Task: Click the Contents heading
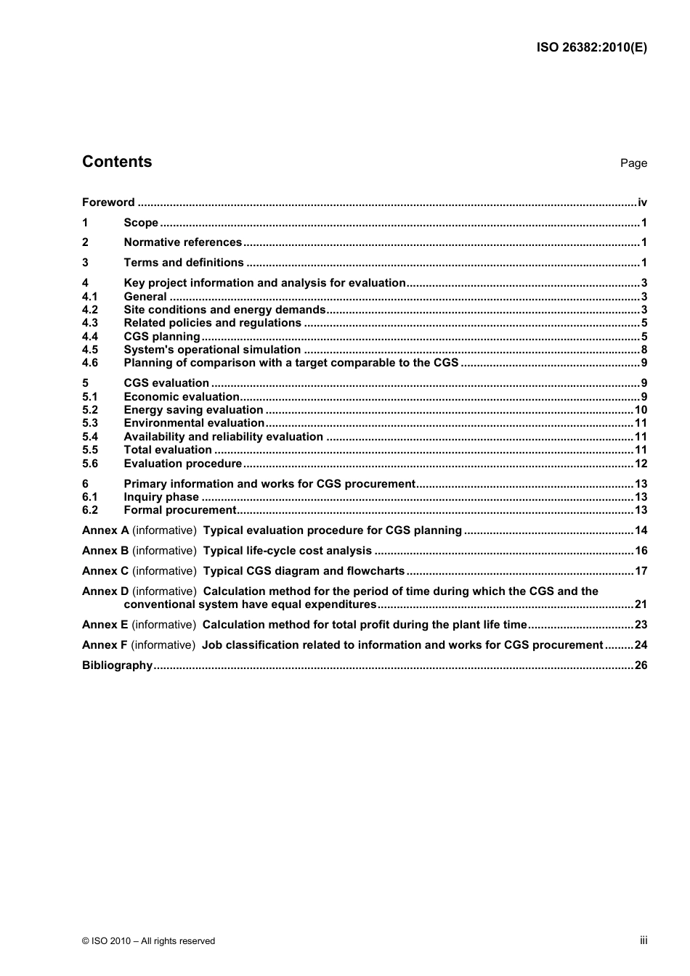click(x=117, y=162)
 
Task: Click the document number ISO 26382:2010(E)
click(x=591, y=48)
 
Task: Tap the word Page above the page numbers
click(x=633, y=163)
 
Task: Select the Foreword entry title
click(x=108, y=202)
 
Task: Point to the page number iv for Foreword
click(x=642, y=202)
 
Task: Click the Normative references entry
click(x=182, y=242)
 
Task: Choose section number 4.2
click(x=90, y=310)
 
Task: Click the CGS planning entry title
click(x=161, y=337)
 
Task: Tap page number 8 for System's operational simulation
click(x=644, y=350)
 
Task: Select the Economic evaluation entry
click(x=182, y=397)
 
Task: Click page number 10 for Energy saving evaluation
click(x=641, y=410)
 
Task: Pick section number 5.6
click(x=90, y=464)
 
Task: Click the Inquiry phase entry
click(x=161, y=497)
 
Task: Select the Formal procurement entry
click(x=180, y=510)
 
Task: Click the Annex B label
click(x=105, y=551)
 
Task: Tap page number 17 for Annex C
click(x=641, y=571)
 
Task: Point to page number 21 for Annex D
click(x=641, y=604)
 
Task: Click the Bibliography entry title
click(x=117, y=665)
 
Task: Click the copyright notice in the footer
click(x=148, y=941)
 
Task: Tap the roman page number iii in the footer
click(x=644, y=940)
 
